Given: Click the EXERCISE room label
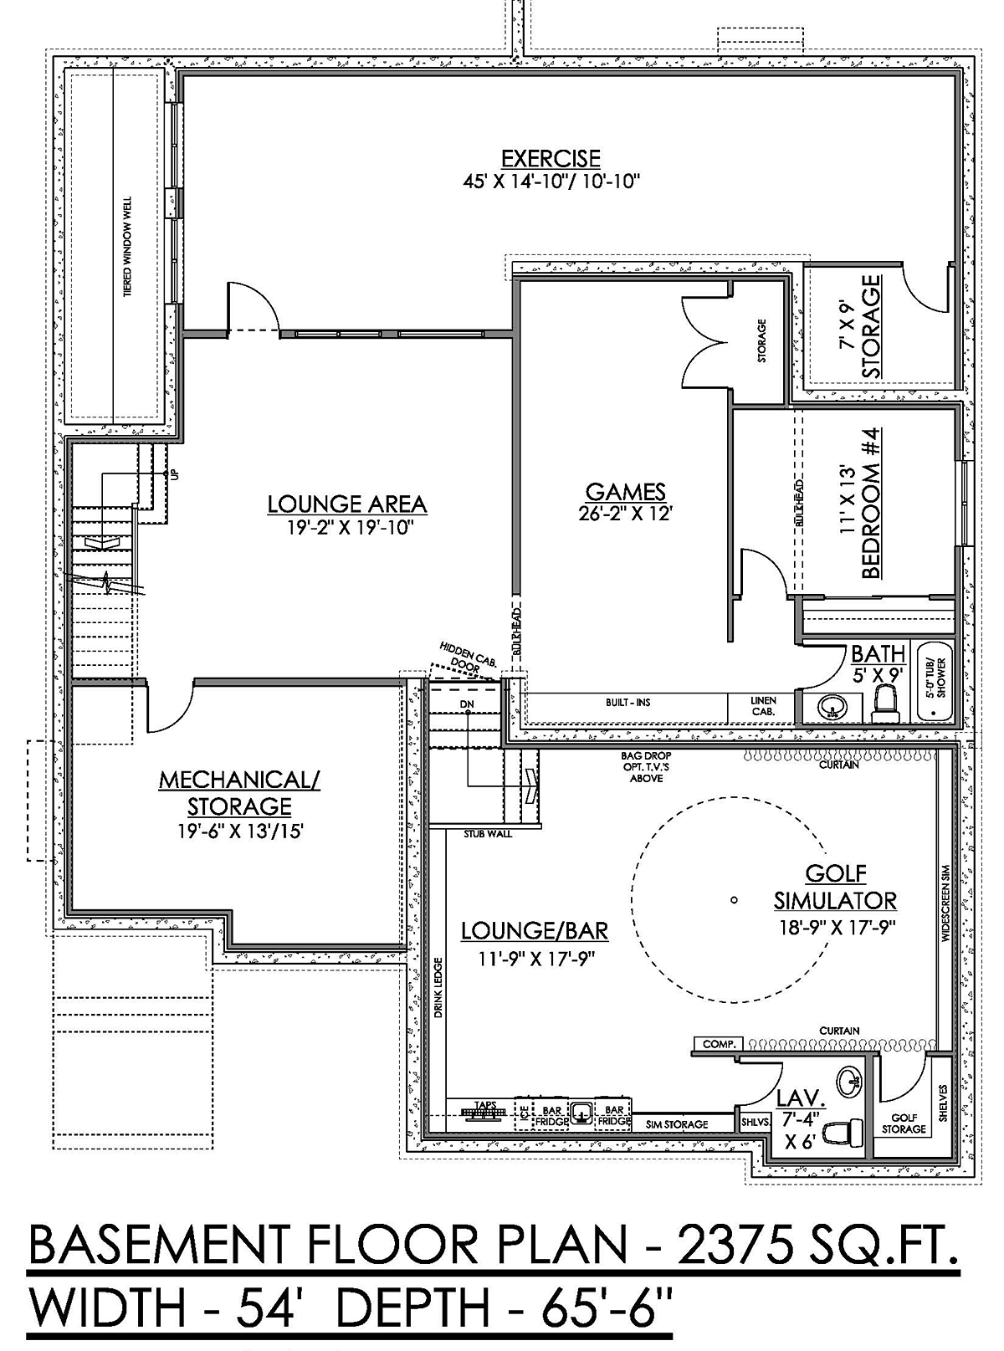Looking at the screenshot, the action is pyautogui.click(x=551, y=158).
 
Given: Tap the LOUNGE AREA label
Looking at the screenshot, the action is pyautogui.click(x=347, y=504).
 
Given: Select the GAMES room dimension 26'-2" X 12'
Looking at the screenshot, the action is pyautogui.click(x=625, y=514).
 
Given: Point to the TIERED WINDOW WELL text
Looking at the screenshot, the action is pyautogui.click(x=127, y=247).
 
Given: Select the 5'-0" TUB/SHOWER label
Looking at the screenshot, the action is pyautogui.click(x=935, y=678).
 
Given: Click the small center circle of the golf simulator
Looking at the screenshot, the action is pyautogui.click(x=734, y=899).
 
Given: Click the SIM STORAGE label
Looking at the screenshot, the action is pyautogui.click(x=677, y=1124).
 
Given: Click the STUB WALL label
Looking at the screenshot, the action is pyautogui.click(x=488, y=834).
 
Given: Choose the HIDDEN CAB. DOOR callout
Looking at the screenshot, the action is pyautogui.click(x=468, y=655).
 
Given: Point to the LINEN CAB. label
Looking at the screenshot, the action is pyautogui.click(x=763, y=706).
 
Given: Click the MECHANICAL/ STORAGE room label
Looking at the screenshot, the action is pyautogui.click(x=239, y=793).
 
